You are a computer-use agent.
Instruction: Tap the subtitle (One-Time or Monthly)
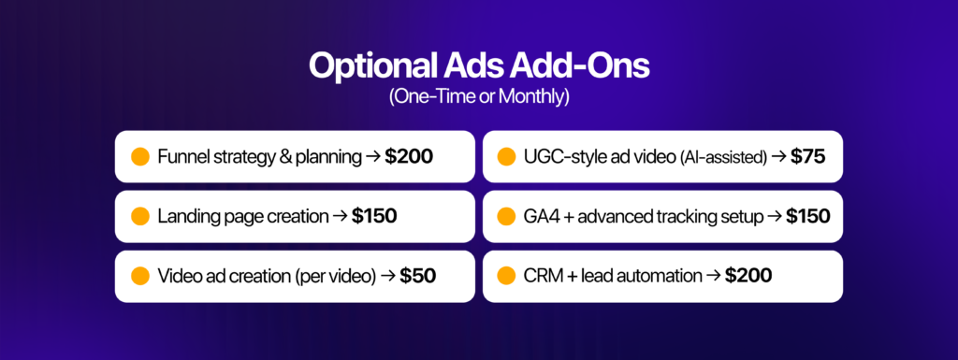pos(479,97)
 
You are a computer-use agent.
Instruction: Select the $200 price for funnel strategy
pos(409,157)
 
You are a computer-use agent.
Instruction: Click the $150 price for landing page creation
pos(374,216)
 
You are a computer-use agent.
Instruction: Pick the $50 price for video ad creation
pos(418,276)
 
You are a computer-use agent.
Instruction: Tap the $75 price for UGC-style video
pos(807,157)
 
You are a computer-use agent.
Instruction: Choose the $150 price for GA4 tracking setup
pos(807,216)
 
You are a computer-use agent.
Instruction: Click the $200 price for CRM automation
pos(748,276)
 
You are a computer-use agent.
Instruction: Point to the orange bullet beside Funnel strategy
pos(140,157)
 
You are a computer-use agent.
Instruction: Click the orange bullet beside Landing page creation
pos(140,216)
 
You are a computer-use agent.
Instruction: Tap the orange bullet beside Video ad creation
pos(140,276)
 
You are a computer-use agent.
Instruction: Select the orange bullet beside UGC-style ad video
pos(506,157)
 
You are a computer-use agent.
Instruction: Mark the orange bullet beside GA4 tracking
pos(506,216)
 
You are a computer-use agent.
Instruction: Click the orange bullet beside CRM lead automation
pos(506,276)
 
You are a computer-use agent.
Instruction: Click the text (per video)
pos(336,277)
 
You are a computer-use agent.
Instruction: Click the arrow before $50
pos(388,277)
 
